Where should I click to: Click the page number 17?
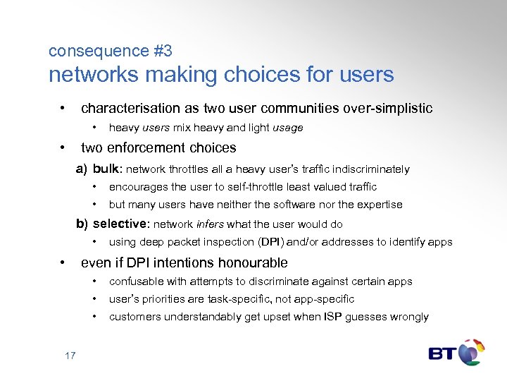(x=70, y=355)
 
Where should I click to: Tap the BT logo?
(x=456, y=352)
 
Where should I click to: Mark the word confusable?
(x=135, y=282)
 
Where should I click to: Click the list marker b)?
(x=82, y=224)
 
